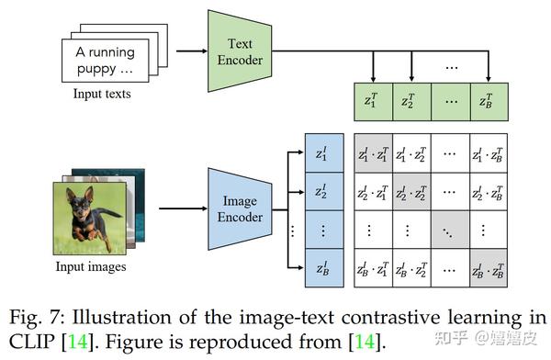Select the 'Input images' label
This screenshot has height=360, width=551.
tap(88, 267)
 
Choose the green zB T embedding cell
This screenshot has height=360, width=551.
tap(487, 101)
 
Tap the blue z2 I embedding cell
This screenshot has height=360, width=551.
tap(322, 192)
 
